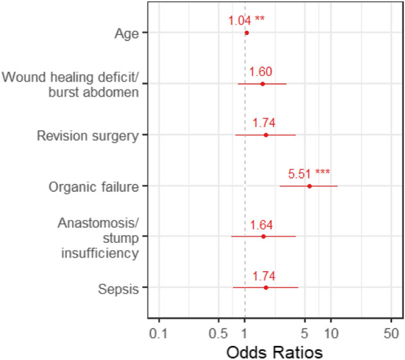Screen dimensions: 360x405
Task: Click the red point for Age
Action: pos(247,32)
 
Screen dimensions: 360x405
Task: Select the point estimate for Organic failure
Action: pos(309,186)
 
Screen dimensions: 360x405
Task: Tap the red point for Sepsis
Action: pos(265,288)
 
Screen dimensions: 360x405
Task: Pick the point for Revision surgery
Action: pos(265,135)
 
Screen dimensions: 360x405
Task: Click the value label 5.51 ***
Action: pos(309,173)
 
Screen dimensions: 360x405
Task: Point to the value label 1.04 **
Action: pos(246,20)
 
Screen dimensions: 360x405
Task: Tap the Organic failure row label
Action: pos(94,187)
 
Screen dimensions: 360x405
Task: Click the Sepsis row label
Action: pos(122,289)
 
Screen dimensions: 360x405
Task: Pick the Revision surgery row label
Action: pos(88,136)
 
